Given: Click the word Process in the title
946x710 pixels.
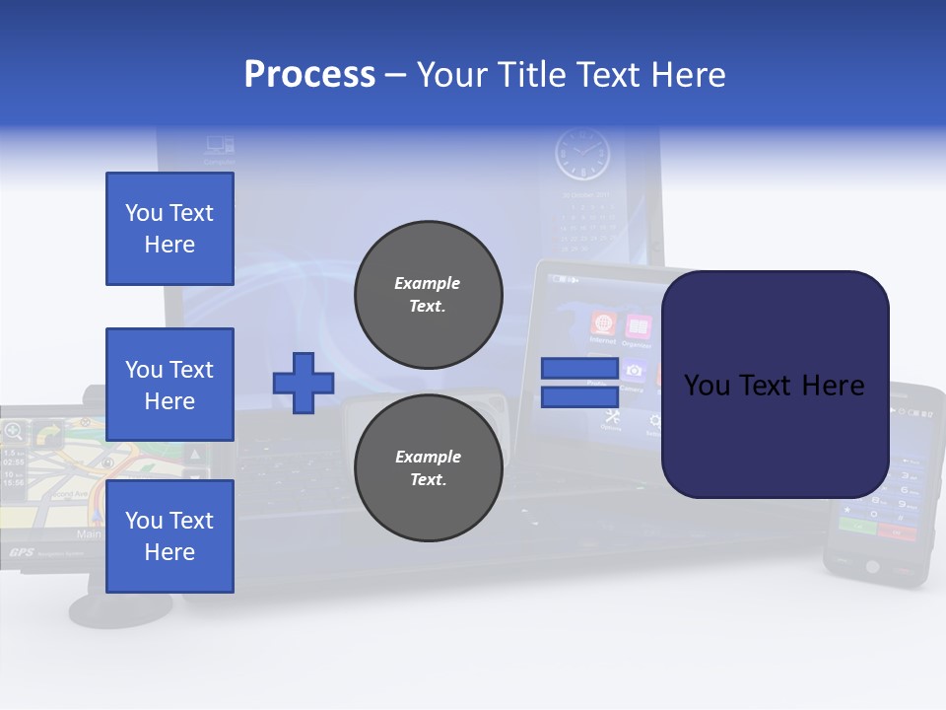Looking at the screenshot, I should (309, 74).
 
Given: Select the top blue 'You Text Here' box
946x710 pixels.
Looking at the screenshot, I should (169, 229).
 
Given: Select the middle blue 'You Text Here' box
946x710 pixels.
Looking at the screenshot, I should (169, 385).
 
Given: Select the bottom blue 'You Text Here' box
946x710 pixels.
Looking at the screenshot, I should (169, 536).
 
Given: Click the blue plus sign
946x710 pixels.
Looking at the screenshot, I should (304, 382).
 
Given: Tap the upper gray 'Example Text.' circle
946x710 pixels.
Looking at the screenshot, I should (429, 295).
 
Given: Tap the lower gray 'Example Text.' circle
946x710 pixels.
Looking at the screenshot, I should (429, 467).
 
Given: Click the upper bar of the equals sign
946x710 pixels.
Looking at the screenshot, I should (579, 368).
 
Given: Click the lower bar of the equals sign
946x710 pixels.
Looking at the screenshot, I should (579, 397).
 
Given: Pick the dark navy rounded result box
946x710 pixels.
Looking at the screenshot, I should (775, 385).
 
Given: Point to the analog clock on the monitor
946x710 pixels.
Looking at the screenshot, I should (581, 156).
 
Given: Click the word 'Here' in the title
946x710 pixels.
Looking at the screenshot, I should (689, 74).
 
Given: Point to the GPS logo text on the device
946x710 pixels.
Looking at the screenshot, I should (22, 553).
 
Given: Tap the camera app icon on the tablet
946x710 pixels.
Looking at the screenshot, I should (634, 371).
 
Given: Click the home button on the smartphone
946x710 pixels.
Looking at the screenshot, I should (871, 566).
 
